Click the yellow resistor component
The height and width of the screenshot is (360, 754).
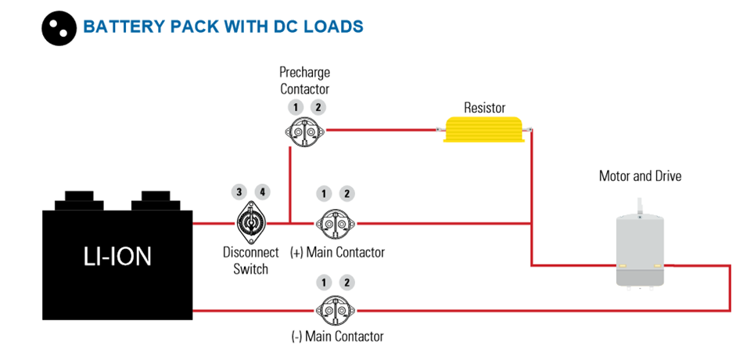coord(484,129)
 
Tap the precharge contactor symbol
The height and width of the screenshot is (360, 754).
coord(305,131)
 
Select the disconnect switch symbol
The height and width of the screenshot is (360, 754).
coord(250,223)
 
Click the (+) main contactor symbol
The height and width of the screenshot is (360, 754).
coord(336,223)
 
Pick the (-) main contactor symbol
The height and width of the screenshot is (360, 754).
coord(336,311)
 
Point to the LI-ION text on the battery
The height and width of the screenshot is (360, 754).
coord(117,257)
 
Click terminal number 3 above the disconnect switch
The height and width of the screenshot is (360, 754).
coord(239,192)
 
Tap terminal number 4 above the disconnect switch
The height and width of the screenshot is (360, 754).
coord(262,192)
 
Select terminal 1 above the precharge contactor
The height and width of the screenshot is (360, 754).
coord(296,107)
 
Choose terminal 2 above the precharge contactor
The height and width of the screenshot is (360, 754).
coord(318,107)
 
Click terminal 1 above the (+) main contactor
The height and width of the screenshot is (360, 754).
coord(324,194)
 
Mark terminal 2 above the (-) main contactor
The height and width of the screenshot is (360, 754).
coord(346,283)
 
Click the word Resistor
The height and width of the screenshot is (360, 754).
coord(484,107)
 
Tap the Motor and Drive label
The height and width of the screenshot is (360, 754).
coord(640,176)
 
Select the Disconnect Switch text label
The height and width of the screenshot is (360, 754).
coord(250,261)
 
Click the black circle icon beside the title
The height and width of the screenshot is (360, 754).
coord(59,28)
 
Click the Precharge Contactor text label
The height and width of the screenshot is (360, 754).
coord(305,81)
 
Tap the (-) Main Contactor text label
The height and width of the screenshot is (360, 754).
coord(338,336)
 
